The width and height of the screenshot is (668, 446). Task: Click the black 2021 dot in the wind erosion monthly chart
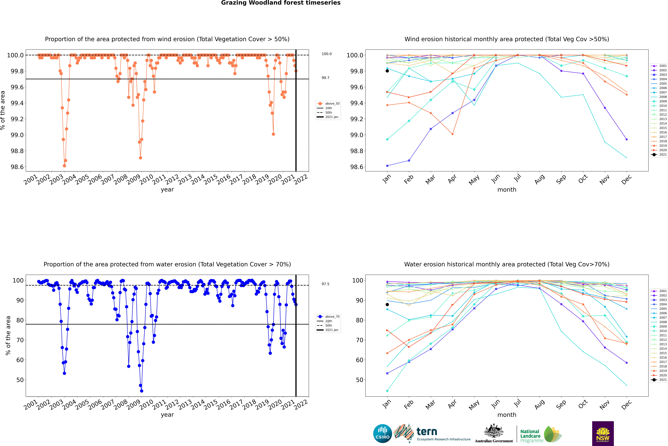pyautogui.click(x=387, y=71)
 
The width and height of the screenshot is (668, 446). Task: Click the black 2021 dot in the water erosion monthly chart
pyautogui.click(x=387, y=305)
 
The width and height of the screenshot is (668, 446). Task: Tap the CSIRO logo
pyautogui.click(x=382, y=434)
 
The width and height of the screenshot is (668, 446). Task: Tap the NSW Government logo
pyautogui.click(x=603, y=434)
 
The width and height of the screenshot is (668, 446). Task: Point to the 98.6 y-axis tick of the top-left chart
pyautogui.click(x=17, y=167)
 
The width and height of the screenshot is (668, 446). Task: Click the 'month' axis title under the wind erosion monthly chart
pyautogui.click(x=507, y=190)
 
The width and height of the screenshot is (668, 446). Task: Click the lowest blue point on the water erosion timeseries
pyautogui.click(x=142, y=391)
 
